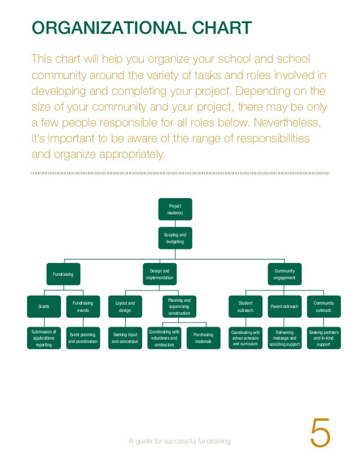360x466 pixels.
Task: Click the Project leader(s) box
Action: click(x=175, y=209)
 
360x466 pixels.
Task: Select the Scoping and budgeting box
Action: click(x=175, y=238)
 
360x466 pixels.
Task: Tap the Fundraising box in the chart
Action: click(x=63, y=274)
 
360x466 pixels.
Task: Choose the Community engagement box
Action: click(x=284, y=274)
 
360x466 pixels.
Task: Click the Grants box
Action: click(x=44, y=306)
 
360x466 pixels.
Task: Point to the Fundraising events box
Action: click(x=83, y=306)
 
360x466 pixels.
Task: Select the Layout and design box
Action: click(x=125, y=306)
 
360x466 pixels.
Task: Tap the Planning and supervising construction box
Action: click(x=179, y=306)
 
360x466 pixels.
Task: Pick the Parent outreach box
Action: click(x=284, y=306)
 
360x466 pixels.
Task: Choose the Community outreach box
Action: click(x=323, y=306)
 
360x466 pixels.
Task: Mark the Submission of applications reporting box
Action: click(x=44, y=338)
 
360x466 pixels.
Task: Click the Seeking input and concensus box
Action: click(x=125, y=338)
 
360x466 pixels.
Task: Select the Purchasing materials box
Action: click(x=203, y=338)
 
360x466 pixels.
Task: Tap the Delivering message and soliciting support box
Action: click(x=284, y=338)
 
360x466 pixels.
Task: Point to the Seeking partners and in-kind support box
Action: click(x=323, y=338)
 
